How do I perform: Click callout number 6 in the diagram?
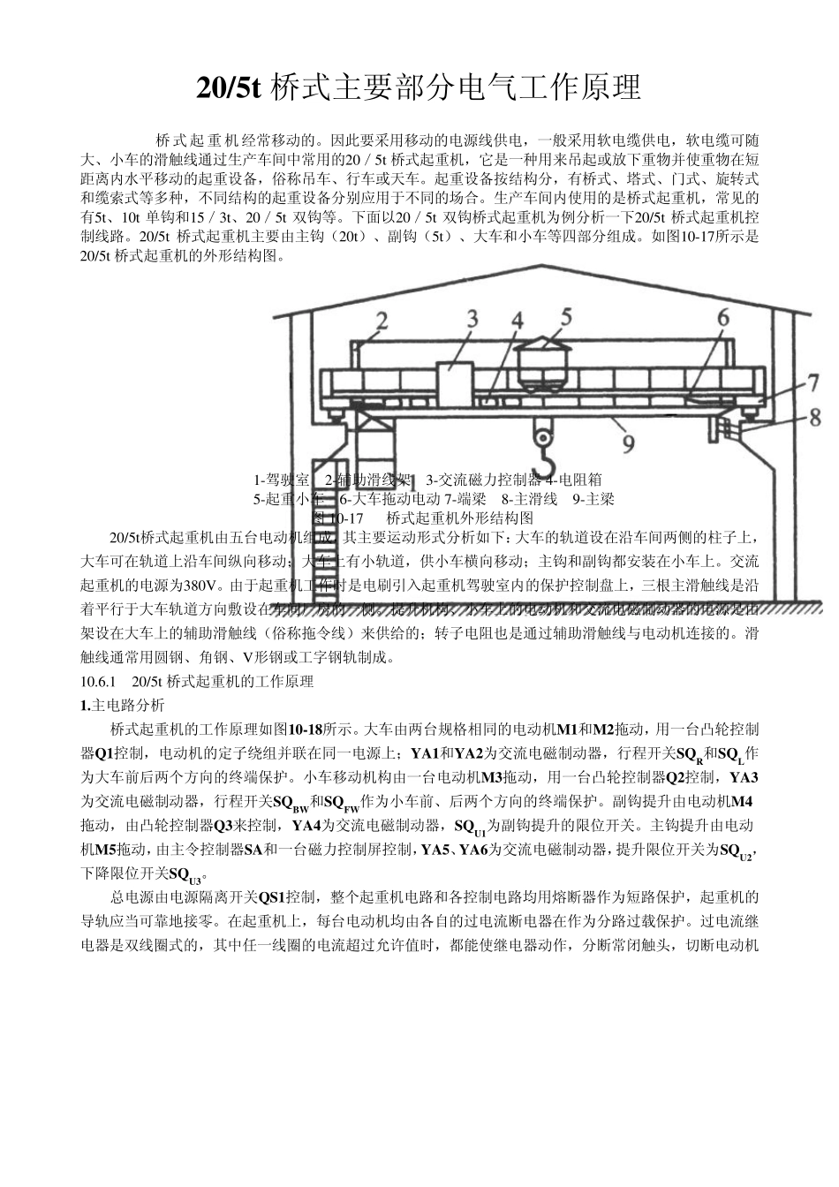722,317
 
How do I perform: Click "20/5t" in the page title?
229,88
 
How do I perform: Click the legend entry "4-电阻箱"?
573,480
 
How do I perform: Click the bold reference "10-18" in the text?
305,729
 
